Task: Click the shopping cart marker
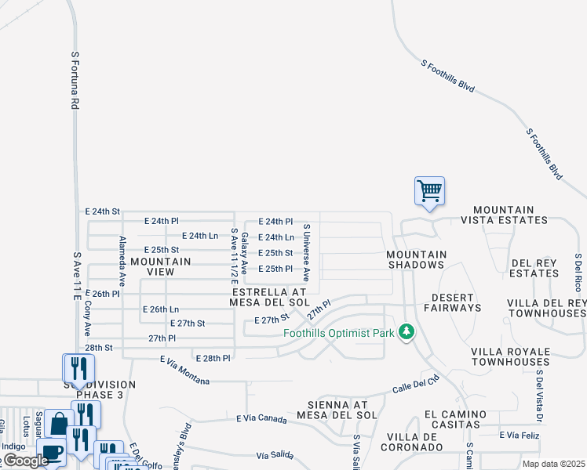click(429, 191)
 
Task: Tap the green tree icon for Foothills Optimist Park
click(406, 332)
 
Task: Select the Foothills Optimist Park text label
click(339, 333)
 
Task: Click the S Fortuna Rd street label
click(75, 81)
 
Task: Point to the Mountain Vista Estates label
click(504, 215)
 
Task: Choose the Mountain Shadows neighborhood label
click(417, 260)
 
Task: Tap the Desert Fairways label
click(453, 302)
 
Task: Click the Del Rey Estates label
click(534, 268)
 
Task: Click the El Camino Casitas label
click(451, 418)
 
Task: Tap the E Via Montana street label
click(184, 371)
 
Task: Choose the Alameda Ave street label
click(122, 259)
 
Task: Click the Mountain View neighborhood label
click(161, 266)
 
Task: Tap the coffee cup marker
click(53, 453)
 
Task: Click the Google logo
click(26, 461)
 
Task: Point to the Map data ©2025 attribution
click(552, 464)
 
